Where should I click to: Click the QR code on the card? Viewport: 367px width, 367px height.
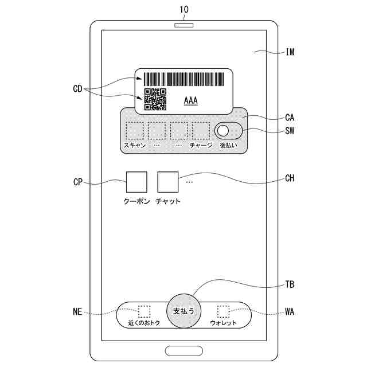pos(155,99)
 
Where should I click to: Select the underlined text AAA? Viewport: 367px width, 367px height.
pos(190,100)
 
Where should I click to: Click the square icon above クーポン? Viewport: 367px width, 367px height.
pos(136,182)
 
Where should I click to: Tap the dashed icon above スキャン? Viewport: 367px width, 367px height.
pos(135,131)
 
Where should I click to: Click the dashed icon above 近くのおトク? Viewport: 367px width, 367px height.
pos(144,311)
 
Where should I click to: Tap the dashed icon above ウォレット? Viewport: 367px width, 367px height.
pos(223,311)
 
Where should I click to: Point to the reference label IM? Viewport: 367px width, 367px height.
pos(290,52)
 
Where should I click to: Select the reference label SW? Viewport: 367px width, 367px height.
pos(290,131)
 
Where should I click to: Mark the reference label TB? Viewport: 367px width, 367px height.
pos(290,284)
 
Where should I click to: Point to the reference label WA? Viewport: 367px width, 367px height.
pos(290,313)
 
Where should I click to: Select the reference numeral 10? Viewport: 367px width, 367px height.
pos(183,10)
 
